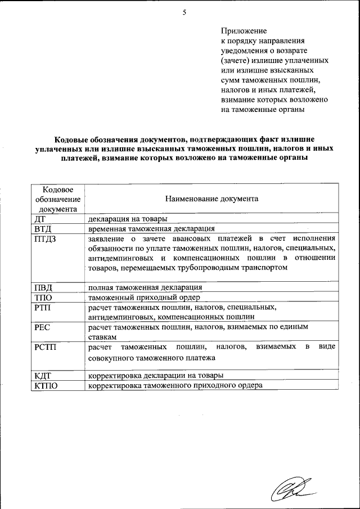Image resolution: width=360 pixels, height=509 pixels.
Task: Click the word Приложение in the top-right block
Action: tap(244, 31)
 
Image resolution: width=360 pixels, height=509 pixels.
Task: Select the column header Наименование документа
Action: tap(211, 199)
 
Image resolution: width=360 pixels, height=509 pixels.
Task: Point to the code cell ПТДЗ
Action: tap(46, 240)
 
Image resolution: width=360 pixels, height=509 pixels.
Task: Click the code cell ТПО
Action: tap(44, 297)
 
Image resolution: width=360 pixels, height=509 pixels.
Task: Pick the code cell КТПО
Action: tap(47, 385)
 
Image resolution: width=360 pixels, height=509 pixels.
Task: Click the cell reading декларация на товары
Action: tap(127, 219)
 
